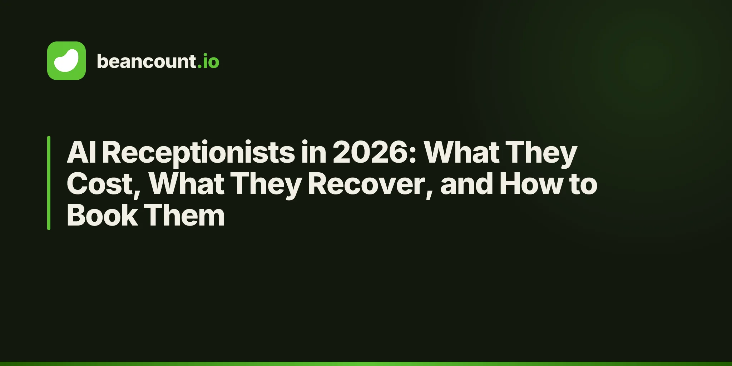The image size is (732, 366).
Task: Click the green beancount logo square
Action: coord(66,61)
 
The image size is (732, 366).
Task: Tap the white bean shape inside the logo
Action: coord(66,61)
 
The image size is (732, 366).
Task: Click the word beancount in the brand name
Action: coord(147,61)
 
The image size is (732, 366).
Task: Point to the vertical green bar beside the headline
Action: coord(49,183)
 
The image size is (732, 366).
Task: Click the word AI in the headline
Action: coord(81,152)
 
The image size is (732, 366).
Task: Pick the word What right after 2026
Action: coord(461,152)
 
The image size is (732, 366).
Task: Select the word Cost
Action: coord(104,185)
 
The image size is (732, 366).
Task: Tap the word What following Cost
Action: coord(187,184)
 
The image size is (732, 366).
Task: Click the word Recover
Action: coord(371,185)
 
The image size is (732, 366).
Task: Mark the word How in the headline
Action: coord(531,184)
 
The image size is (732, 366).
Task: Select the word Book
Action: coord(102,215)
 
